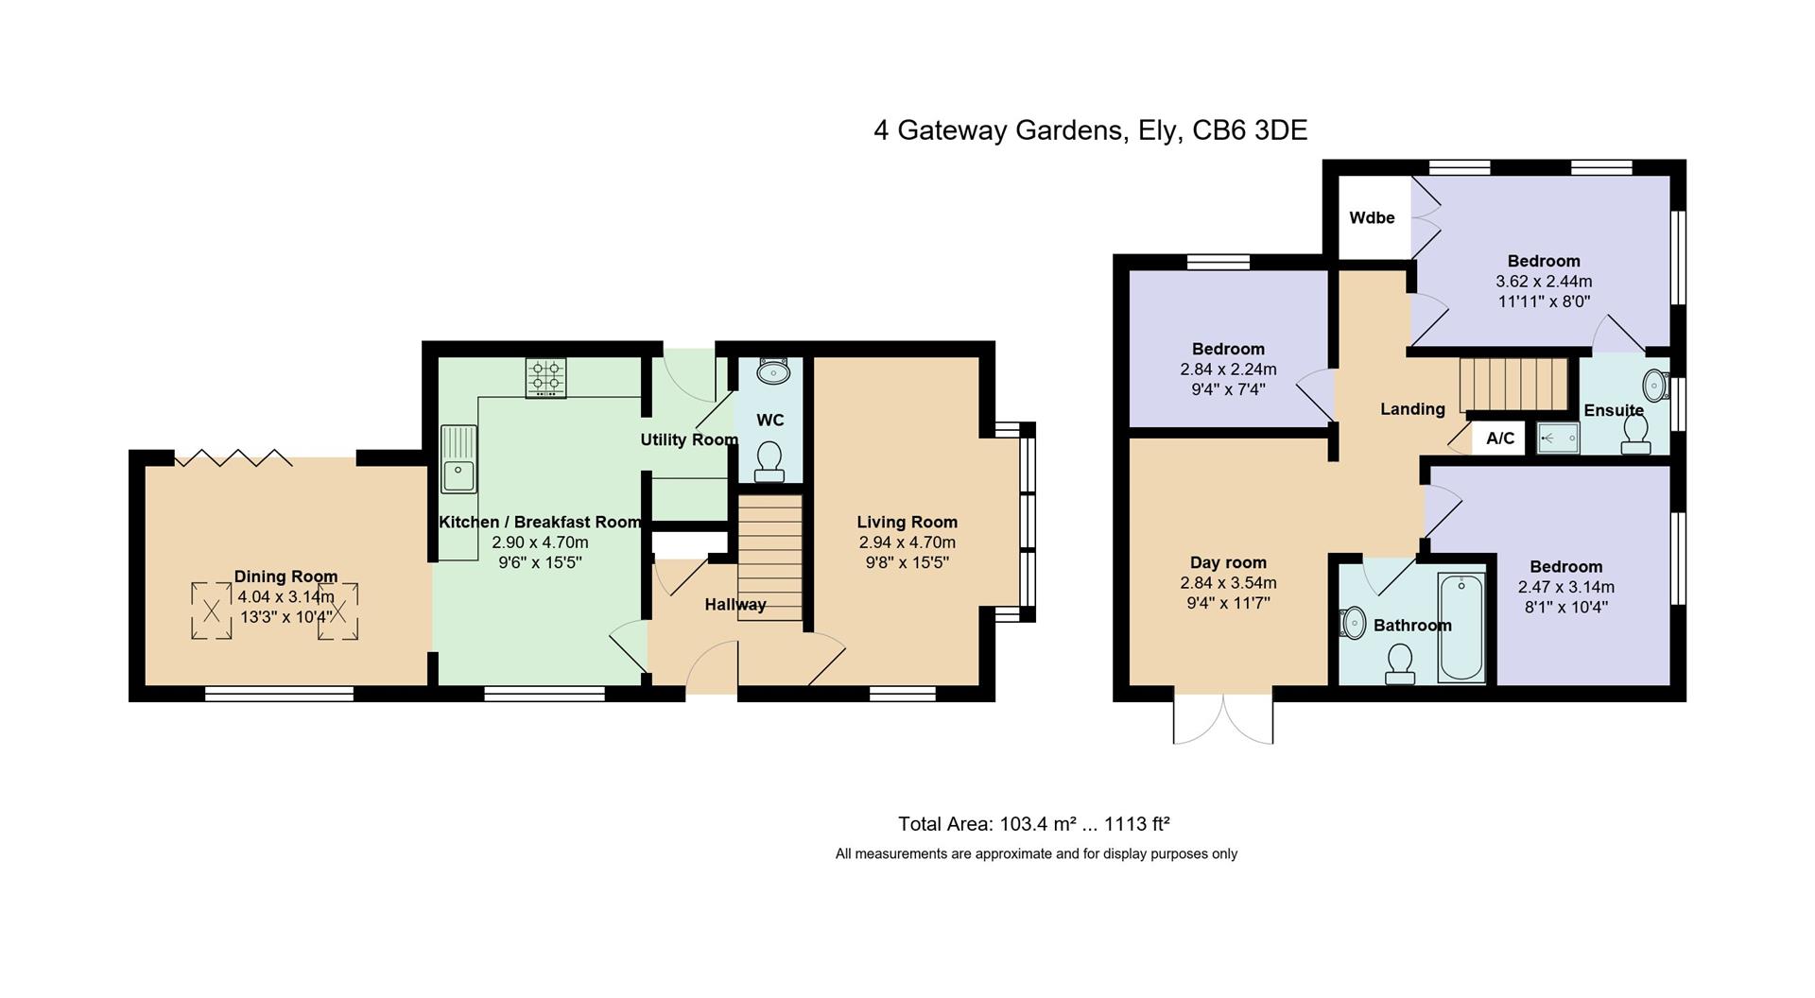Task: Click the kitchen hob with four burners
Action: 546,378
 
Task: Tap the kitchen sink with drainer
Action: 458,458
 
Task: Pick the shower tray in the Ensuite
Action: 1557,439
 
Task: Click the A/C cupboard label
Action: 1500,438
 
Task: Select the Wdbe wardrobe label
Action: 1372,217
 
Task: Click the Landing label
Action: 1412,409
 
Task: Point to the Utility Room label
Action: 689,439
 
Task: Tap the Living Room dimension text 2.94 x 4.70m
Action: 907,542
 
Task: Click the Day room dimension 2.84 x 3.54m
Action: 1228,583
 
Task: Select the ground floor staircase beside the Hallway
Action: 770,557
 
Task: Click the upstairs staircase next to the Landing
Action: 1513,385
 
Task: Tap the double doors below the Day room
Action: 1223,720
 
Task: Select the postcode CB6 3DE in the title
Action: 1250,130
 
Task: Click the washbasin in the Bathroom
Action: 1353,623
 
